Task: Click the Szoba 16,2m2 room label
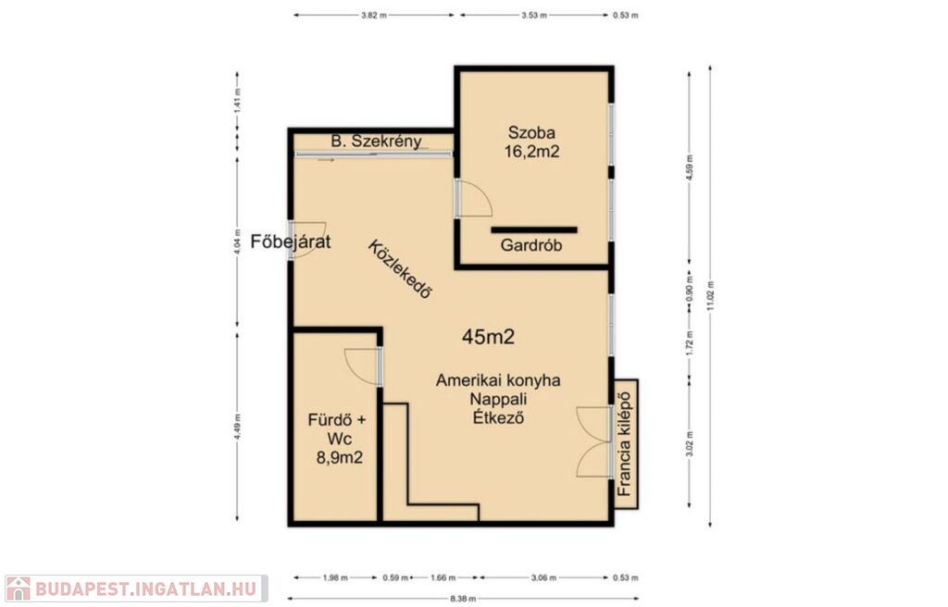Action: (531, 142)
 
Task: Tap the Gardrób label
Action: (531, 245)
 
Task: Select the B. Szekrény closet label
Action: (376, 142)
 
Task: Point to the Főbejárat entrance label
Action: (291, 242)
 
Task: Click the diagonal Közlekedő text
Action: (401, 269)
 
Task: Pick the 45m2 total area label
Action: (488, 337)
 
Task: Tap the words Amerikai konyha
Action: (498, 380)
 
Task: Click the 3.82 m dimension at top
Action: (374, 15)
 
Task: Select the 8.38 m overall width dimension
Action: (463, 599)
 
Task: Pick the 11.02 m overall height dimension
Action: (710, 296)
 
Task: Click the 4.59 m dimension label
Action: (690, 167)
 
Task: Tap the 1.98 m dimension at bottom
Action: (335, 577)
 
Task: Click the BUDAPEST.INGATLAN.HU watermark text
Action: (146, 588)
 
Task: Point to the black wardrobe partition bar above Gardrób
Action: (534, 229)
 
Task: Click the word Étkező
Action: (498, 417)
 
